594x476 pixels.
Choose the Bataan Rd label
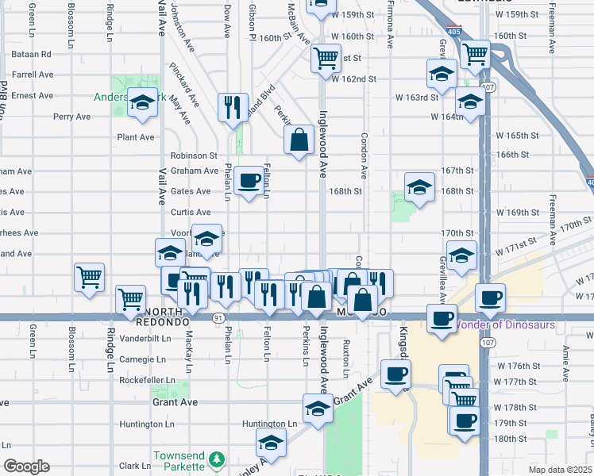pyautogui.click(x=32, y=55)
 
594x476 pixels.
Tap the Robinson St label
pyautogui.click(x=194, y=155)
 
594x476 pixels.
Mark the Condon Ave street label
pyautogui.click(x=364, y=155)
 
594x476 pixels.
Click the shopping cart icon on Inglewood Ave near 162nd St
pyautogui.click(x=326, y=57)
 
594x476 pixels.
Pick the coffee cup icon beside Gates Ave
pyautogui.click(x=249, y=182)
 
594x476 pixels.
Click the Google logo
pyautogui.click(x=27, y=466)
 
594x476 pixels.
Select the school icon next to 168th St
pyautogui.click(x=419, y=188)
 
